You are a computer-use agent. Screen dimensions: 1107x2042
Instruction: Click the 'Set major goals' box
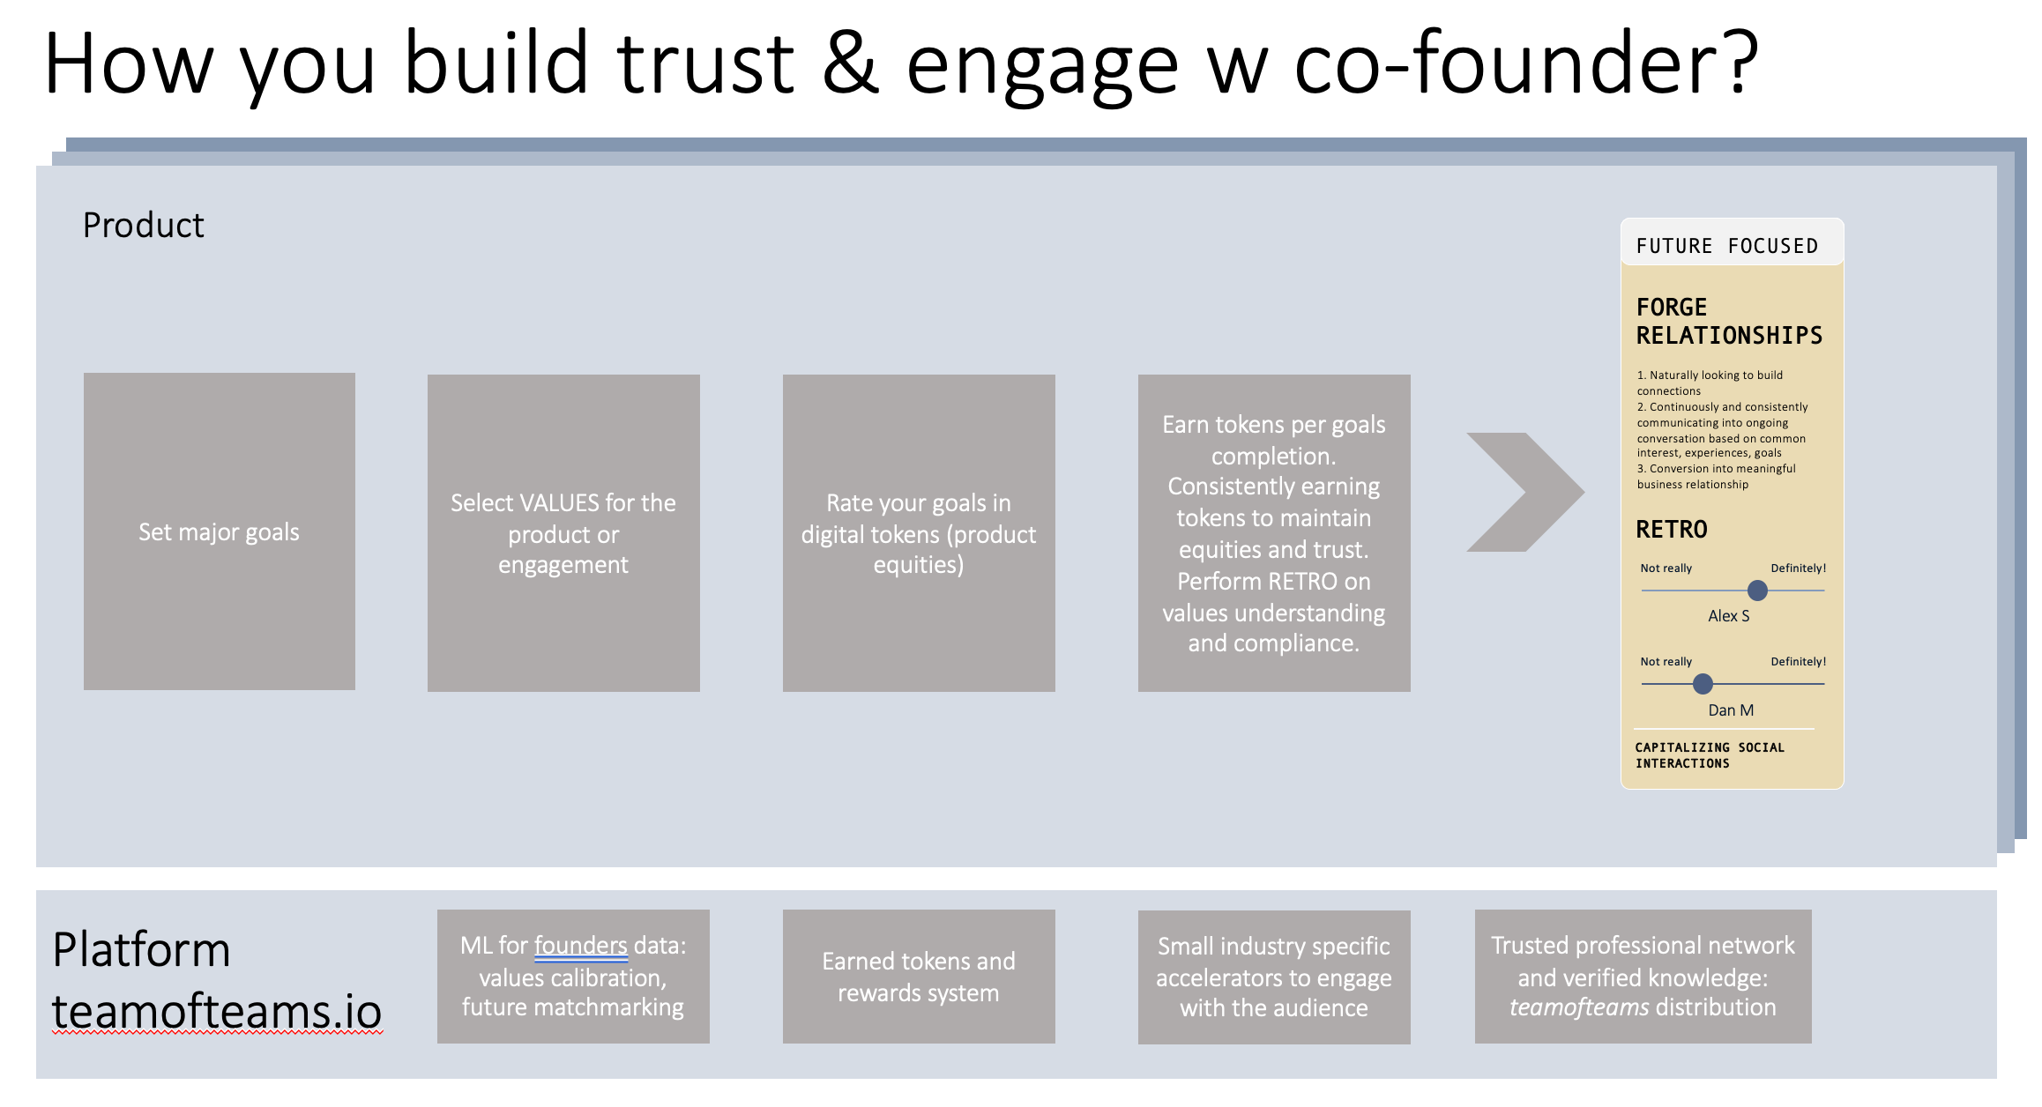(x=219, y=531)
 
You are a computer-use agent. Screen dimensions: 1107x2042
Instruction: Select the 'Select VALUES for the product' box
(x=563, y=533)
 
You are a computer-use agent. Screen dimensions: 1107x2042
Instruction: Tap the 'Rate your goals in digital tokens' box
(x=919, y=533)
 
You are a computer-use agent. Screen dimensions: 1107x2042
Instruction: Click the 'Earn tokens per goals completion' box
(x=1274, y=533)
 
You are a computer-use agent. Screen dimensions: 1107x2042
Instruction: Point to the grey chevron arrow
(x=1525, y=492)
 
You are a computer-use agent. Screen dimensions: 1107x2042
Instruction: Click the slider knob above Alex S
(x=1757, y=591)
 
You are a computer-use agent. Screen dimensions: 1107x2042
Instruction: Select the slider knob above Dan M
(x=1703, y=683)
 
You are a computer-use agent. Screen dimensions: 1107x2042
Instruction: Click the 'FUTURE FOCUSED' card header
(x=1727, y=245)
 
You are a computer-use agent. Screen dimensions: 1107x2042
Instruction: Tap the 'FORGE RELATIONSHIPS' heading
(x=1729, y=321)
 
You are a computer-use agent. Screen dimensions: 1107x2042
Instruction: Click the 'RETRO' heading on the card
(x=1672, y=529)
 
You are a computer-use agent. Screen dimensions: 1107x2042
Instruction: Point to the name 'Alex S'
(x=1728, y=616)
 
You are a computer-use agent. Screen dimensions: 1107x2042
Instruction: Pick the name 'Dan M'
(x=1731, y=710)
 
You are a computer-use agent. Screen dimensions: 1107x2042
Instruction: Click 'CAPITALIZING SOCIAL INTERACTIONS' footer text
(x=1709, y=755)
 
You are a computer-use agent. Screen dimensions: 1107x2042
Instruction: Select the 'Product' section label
(x=143, y=226)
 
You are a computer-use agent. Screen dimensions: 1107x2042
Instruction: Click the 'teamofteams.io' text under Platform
(x=217, y=1011)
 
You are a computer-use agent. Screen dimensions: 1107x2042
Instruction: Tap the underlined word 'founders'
(x=580, y=946)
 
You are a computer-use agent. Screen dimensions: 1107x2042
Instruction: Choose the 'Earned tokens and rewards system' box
(x=919, y=977)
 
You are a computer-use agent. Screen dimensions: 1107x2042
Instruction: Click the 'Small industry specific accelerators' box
(x=1274, y=977)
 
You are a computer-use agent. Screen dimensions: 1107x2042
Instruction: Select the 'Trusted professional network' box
(x=1643, y=977)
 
